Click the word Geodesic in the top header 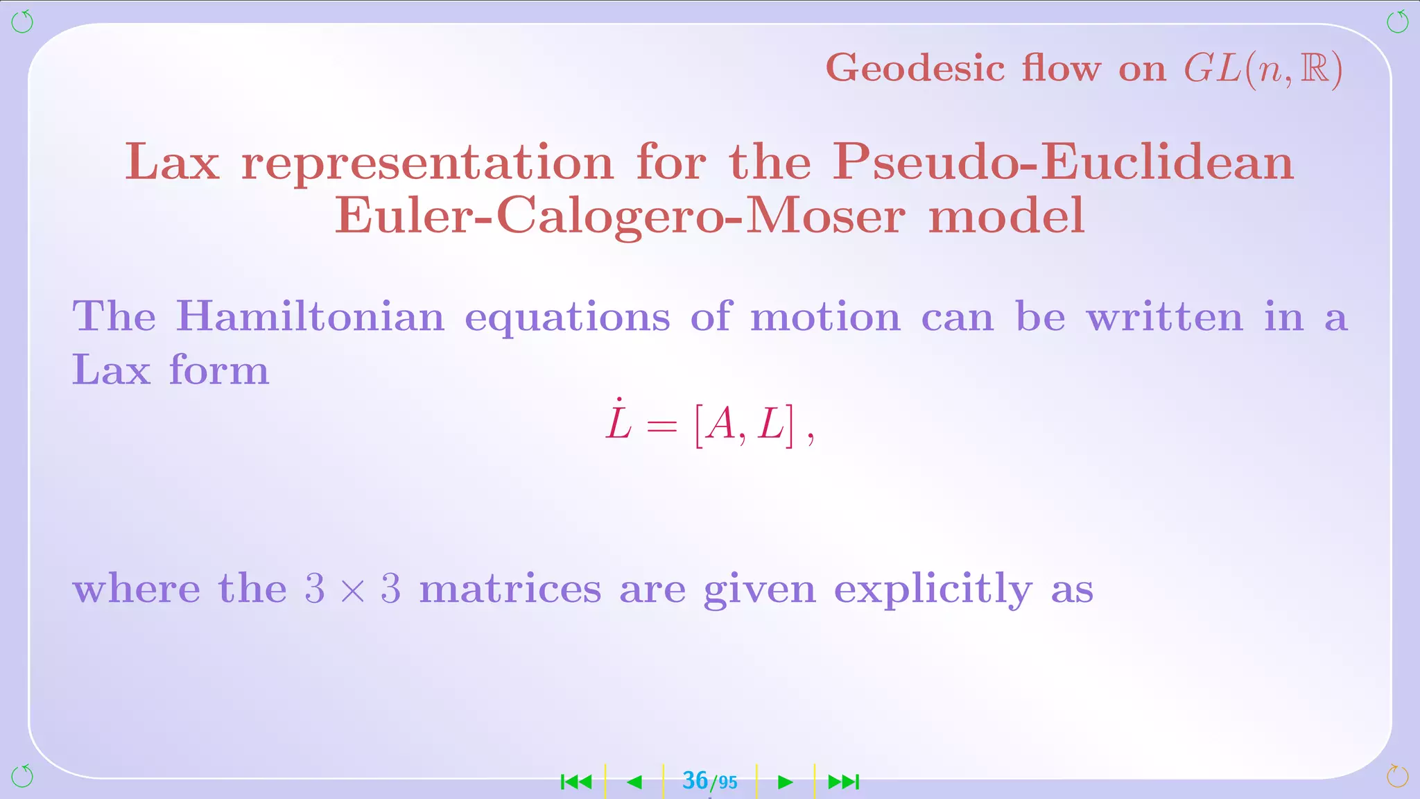[915, 69]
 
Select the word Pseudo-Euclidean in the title [1063, 162]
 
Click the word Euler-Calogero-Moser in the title [619, 216]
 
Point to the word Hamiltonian [310, 317]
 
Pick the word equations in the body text [567, 318]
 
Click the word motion [825, 317]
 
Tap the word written [1165, 317]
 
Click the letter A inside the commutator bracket [722, 424]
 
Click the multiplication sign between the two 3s [352, 590]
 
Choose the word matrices [510, 590]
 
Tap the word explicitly [933, 590]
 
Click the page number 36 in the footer [695, 781]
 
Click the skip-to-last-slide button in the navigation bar [844, 782]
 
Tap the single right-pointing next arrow [785, 782]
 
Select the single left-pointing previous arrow [634, 782]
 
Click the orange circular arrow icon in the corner [1397, 776]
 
